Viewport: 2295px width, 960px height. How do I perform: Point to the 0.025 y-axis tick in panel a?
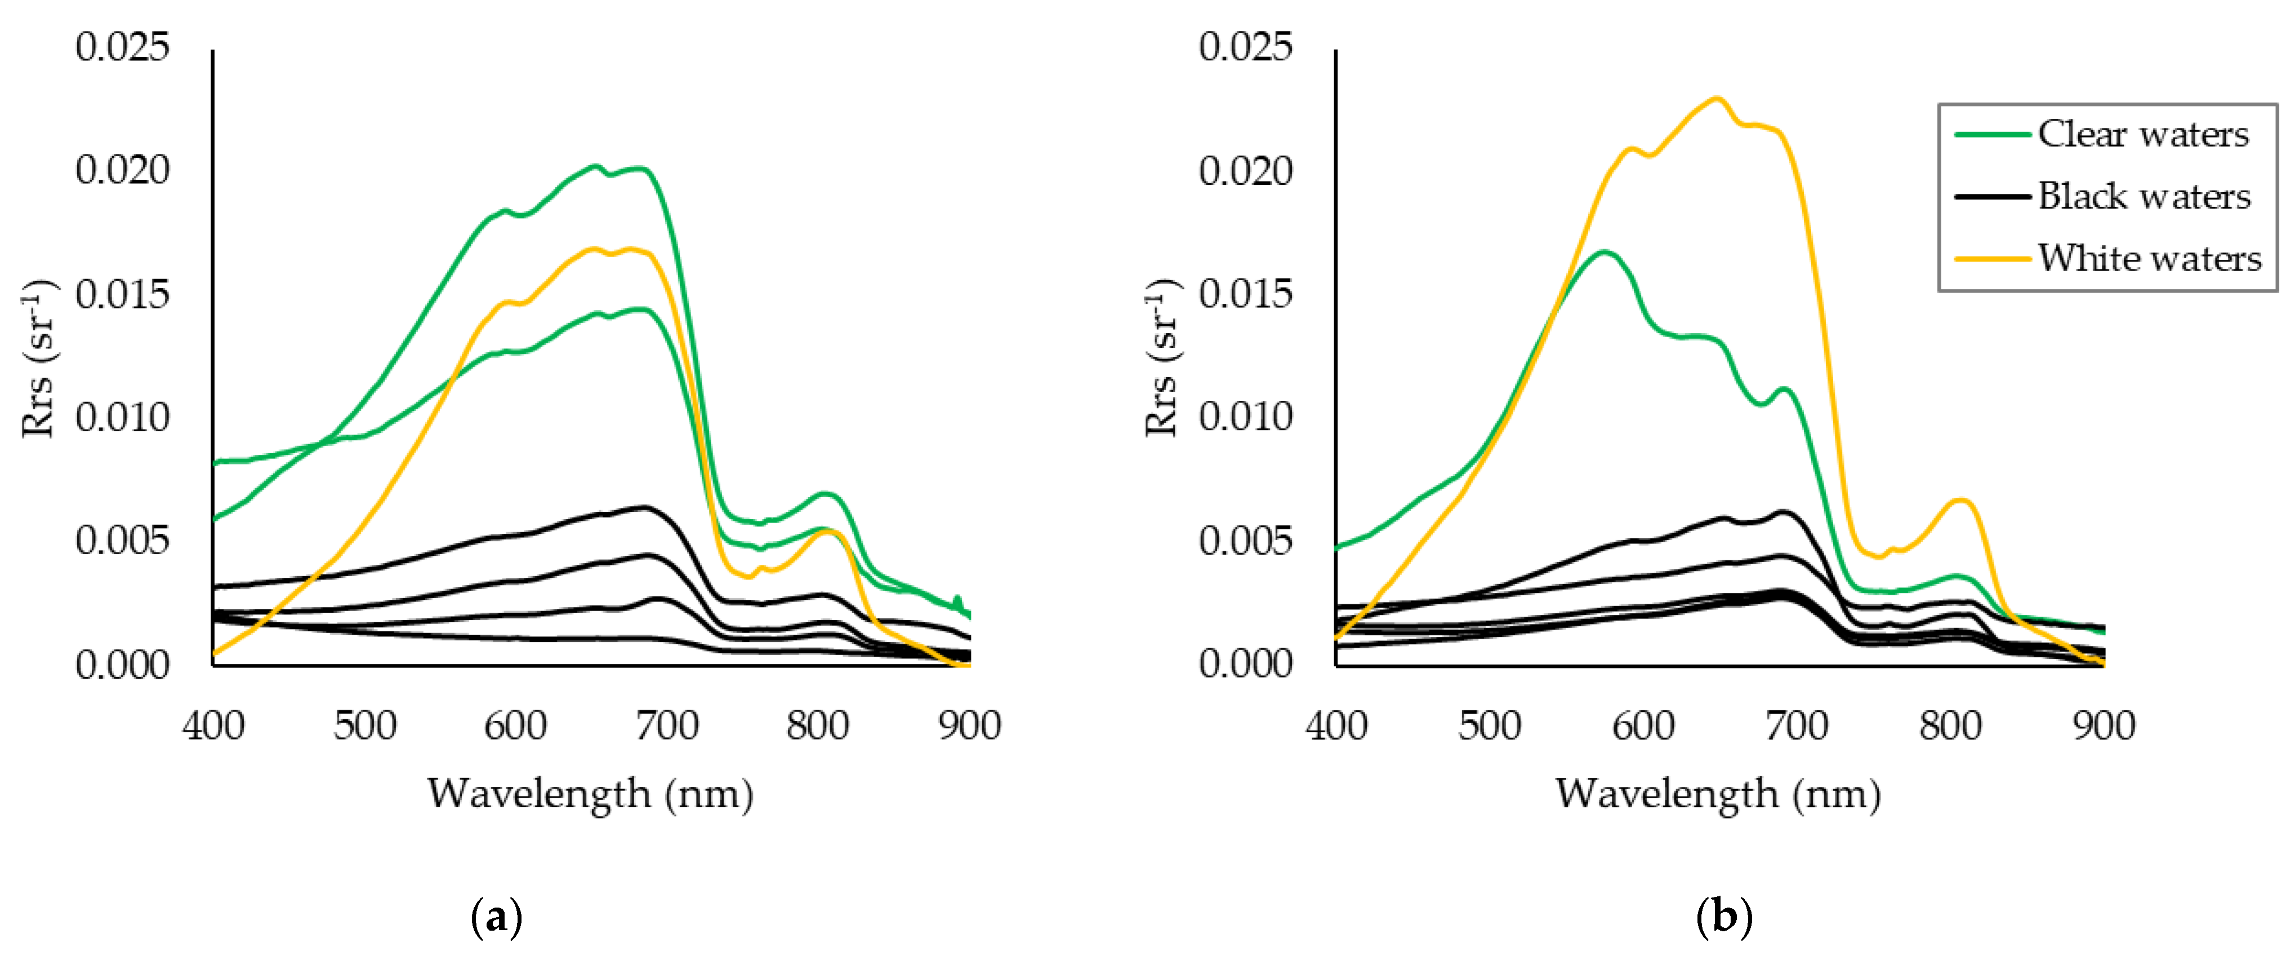(x=122, y=46)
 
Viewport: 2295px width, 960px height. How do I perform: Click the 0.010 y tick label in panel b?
(x=1245, y=417)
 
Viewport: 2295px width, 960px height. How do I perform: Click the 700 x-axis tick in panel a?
(x=666, y=725)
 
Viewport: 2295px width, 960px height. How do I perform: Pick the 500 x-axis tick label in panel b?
(x=1490, y=725)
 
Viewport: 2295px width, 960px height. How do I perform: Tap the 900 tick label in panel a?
(x=969, y=725)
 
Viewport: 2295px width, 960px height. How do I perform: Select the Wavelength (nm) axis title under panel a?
(x=590, y=793)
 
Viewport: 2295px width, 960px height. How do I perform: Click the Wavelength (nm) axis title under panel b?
(x=1718, y=793)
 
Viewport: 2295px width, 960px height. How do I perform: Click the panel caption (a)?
(x=496, y=917)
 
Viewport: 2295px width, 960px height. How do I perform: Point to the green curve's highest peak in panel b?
(x=1603, y=252)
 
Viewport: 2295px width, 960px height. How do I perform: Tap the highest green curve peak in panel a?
(x=595, y=166)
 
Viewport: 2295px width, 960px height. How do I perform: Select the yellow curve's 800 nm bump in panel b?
(x=1960, y=500)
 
